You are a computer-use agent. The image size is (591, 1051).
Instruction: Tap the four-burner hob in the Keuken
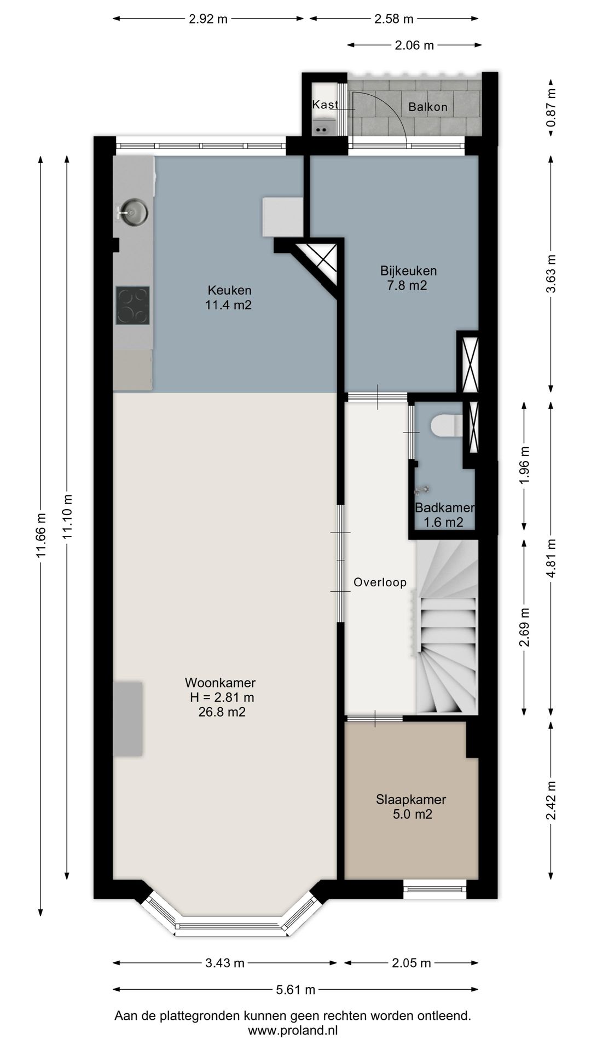tap(132, 305)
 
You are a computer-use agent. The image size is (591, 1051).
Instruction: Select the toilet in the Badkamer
tap(447, 426)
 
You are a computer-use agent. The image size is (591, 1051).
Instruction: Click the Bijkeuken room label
tap(408, 270)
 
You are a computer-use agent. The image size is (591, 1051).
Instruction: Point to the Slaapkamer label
tap(411, 799)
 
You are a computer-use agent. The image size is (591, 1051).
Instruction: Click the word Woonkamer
tap(220, 683)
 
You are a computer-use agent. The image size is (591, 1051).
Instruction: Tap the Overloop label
tap(380, 582)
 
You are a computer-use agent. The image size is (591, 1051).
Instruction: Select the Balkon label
tap(428, 107)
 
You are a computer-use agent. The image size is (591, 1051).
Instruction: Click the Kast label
tap(325, 104)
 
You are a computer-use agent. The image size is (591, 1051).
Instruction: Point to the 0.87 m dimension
tap(551, 108)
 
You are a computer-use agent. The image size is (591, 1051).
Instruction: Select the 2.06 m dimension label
tap(414, 45)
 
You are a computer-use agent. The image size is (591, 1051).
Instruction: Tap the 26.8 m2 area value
tap(222, 712)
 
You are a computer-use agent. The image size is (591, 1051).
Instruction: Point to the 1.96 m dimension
tap(524, 465)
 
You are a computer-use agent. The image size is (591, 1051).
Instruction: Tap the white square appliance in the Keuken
tap(282, 217)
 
